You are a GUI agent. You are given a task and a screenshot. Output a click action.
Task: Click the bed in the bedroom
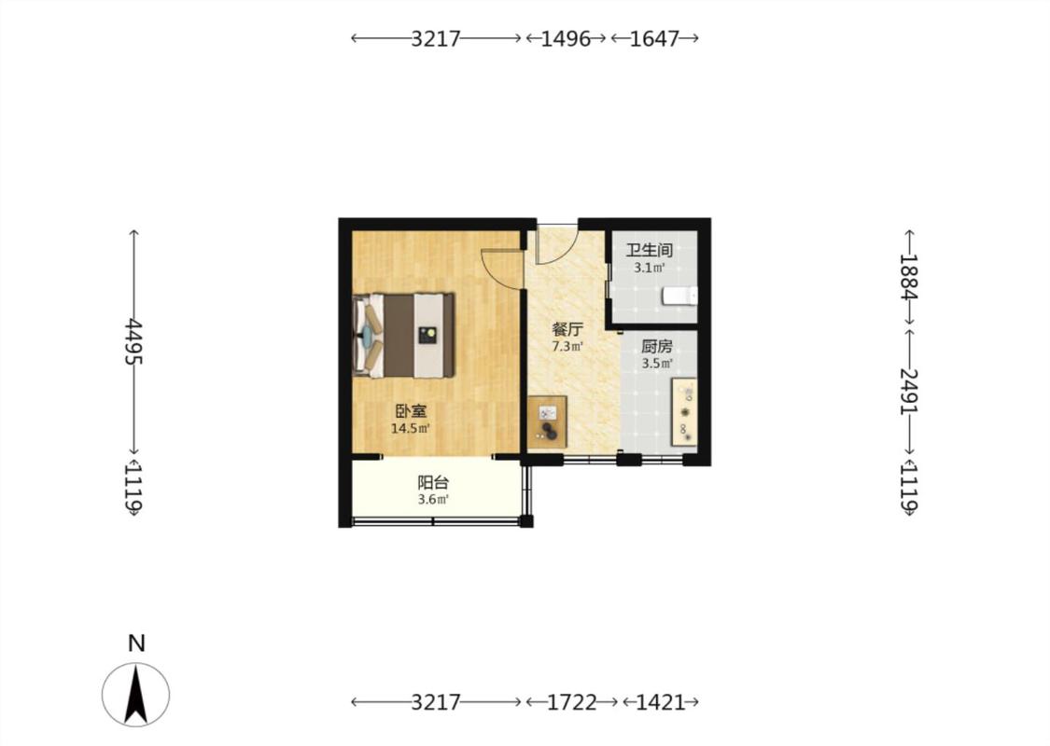coord(404,335)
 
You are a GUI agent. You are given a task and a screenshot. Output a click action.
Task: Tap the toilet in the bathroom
coord(679,296)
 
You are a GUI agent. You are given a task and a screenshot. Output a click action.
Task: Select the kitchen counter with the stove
coord(684,412)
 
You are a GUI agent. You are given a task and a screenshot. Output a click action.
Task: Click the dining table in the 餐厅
coord(547,421)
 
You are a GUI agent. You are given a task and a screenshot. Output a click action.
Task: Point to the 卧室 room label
coord(411,411)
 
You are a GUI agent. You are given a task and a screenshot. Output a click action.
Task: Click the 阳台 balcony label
coord(433,482)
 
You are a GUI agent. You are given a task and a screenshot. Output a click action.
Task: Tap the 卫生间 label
coord(649,250)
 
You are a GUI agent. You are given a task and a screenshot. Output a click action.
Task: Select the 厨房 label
coord(657,347)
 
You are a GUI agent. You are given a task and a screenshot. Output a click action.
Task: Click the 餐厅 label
coord(567,329)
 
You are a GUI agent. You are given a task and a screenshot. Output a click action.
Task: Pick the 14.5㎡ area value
coord(411,428)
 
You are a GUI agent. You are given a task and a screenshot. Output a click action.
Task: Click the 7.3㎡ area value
coord(567,347)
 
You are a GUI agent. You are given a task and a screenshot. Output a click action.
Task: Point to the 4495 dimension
coord(133,341)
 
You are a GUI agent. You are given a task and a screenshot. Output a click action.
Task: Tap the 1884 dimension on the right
coord(909,277)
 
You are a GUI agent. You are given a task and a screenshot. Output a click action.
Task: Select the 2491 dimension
coord(909,392)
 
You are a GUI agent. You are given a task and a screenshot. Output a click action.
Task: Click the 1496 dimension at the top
coord(566,39)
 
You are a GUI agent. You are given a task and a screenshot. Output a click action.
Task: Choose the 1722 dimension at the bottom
coord(572,702)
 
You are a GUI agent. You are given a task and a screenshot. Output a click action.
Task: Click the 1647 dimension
coord(655,39)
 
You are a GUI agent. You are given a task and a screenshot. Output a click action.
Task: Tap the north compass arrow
coord(136,694)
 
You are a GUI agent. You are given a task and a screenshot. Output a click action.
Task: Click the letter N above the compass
coord(136,643)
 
